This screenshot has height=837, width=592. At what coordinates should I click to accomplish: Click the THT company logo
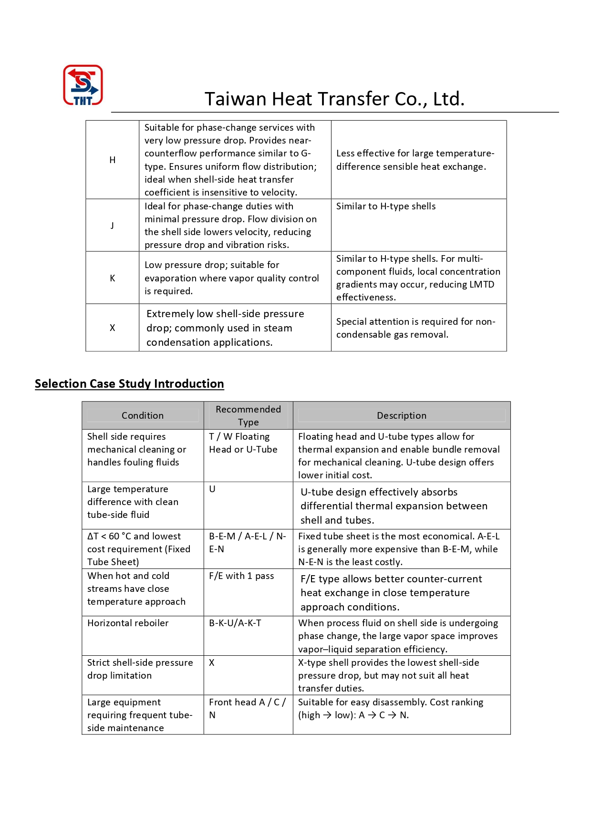click(83, 85)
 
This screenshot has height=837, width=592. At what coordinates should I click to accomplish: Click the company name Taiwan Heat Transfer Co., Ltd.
click(334, 99)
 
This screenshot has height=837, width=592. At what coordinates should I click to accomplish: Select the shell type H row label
click(113, 160)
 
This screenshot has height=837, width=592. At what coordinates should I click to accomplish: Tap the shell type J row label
click(113, 225)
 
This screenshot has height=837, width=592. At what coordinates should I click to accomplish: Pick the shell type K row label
click(113, 278)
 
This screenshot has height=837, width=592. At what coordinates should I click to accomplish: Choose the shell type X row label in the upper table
click(113, 328)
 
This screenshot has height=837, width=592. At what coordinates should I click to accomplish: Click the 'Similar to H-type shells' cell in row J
click(385, 207)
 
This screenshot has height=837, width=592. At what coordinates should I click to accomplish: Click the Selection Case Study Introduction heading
click(129, 384)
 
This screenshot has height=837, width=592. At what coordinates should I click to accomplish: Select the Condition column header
click(142, 416)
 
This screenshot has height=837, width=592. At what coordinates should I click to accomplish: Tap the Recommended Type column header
click(248, 416)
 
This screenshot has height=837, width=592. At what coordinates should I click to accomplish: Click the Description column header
click(401, 416)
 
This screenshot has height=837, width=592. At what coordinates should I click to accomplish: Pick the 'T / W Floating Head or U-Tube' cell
click(243, 443)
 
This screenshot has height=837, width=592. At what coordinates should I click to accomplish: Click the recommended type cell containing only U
click(212, 489)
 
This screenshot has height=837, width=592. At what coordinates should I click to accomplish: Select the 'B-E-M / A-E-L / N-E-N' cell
click(247, 543)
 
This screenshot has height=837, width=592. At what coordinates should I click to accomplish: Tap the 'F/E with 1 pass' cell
click(241, 576)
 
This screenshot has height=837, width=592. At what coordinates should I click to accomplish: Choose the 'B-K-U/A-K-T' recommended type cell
click(235, 623)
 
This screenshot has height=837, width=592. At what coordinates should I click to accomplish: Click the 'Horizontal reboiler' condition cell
click(128, 623)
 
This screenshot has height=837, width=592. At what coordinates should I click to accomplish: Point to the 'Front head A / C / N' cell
click(247, 708)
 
